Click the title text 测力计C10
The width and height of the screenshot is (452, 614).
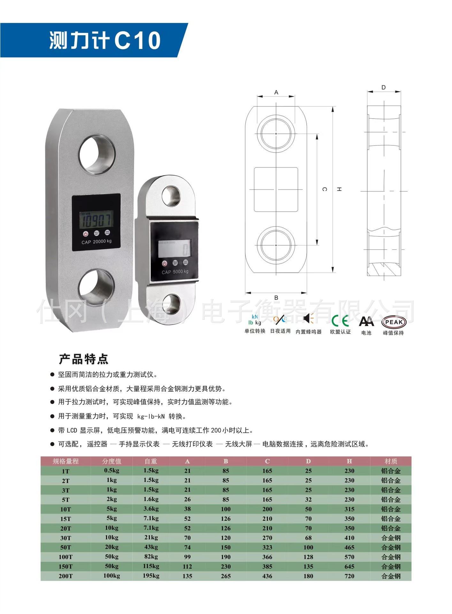[x=105, y=40]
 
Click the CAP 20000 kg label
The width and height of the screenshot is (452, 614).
[x=96, y=242]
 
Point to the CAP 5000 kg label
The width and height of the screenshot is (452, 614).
[x=175, y=272]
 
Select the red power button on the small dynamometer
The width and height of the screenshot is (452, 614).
[x=165, y=263]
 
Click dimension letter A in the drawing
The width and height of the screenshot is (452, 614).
[x=276, y=92]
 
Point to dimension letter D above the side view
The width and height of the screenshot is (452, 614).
[x=384, y=87]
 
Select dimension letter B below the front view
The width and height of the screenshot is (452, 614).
[x=276, y=298]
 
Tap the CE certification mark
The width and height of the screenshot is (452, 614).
[x=340, y=321]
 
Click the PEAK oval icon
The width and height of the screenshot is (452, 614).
[x=394, y=322]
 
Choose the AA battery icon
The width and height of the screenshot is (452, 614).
[x=366, y=321]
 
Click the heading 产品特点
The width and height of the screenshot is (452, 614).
[x=84, y=359]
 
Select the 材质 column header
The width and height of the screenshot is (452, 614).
[x=391, y=461]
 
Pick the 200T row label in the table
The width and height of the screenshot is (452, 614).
[x=65, y=576]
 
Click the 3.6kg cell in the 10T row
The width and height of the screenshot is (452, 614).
[x=151, y=509]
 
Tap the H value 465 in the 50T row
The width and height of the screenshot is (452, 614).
[x=349, y=547]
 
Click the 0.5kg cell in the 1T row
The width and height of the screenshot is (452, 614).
[x=111, y=470]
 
